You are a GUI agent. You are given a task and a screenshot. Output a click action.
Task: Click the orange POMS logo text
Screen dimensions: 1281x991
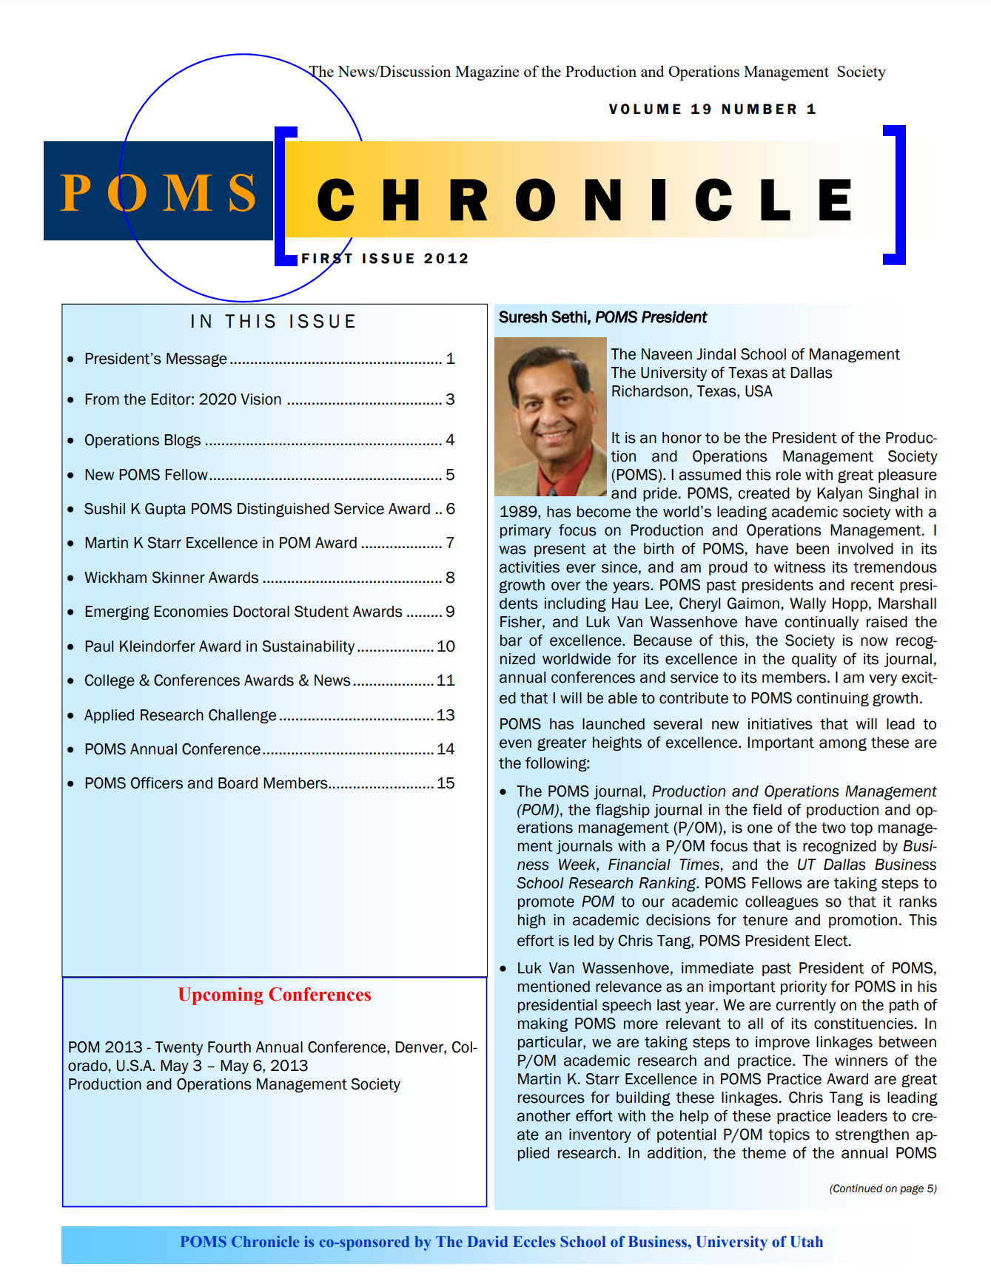coord(158,193)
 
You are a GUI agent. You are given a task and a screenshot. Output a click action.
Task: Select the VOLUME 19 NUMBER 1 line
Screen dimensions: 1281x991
coord(712,109)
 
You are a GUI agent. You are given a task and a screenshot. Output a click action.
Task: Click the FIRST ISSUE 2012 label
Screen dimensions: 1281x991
coord(385,259)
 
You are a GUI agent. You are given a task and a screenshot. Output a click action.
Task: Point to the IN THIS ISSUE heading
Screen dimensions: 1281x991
coord(273,322)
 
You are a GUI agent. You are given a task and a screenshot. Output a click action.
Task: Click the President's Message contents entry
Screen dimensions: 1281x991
coord(155,359)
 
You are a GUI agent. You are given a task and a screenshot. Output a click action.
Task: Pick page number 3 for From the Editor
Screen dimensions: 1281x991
coord(450,399)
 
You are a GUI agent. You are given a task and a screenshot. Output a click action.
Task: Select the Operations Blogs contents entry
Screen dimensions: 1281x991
coord(142,440)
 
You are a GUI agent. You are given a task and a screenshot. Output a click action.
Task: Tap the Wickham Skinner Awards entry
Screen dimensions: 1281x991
coord(171,578)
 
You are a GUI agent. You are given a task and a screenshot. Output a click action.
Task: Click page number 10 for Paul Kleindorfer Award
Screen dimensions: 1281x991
coord(446,646)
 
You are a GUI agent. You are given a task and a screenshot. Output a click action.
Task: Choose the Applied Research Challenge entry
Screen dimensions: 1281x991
coord(180,715)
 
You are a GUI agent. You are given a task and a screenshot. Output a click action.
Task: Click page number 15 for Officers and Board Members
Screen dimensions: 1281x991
coord(446,783)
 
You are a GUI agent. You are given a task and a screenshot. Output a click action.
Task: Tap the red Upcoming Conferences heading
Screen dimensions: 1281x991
coord(275,995)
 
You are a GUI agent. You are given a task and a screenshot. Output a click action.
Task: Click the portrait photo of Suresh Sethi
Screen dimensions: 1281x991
coord(550,416)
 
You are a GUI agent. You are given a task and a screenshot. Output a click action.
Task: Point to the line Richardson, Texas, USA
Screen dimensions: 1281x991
coord(691,391)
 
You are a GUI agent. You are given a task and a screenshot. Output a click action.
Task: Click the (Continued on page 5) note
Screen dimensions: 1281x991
coord(882,1189)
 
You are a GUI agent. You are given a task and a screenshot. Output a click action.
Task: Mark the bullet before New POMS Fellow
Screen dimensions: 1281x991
coord(70,476)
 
